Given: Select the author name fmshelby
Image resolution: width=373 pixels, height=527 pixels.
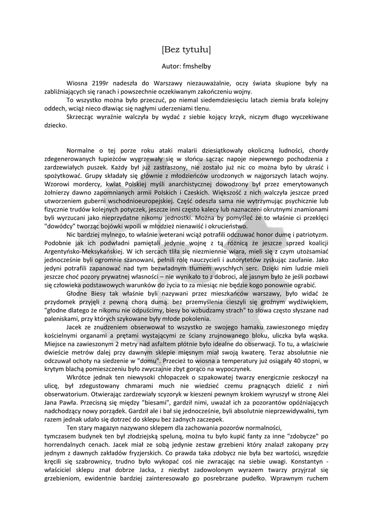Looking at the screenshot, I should [x=197, y=66].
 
